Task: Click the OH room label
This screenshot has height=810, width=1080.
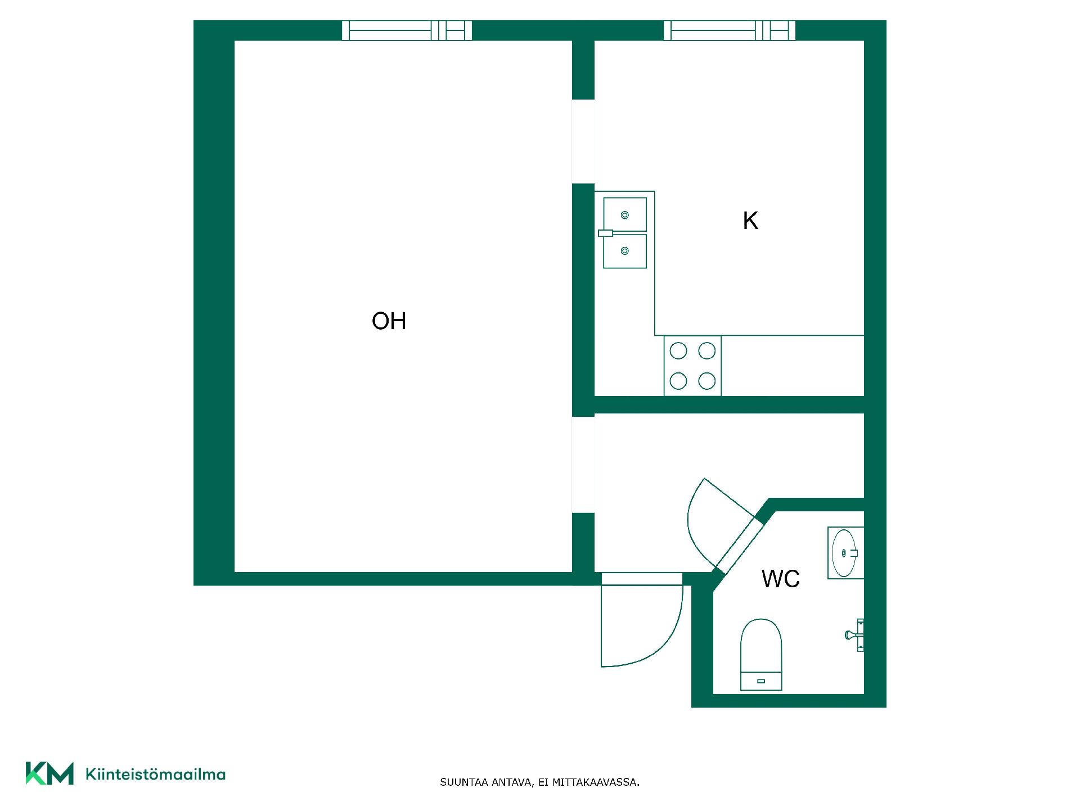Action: (389, 321)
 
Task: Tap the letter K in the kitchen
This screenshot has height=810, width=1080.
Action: (750, 221)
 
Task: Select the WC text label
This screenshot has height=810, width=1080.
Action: (781, 579)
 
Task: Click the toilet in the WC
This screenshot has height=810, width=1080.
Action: (761, 654)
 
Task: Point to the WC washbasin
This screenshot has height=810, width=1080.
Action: (845, 553)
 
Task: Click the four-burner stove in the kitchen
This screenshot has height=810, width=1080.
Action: (692, 366)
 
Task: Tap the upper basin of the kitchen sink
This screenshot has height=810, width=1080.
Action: (624, 214)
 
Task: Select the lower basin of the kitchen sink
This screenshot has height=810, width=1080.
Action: (624, 251)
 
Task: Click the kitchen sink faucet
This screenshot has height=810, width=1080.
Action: (606, 233)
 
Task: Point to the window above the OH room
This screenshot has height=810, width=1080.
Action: (407, 30)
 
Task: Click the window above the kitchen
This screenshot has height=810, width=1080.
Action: (730, 30)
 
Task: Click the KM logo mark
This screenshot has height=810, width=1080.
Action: (49, 773)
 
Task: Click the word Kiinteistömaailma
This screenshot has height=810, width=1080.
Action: (155, 774)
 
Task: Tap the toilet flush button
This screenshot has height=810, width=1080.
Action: (761, 681)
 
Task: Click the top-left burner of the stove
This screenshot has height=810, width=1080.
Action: (678, 351)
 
